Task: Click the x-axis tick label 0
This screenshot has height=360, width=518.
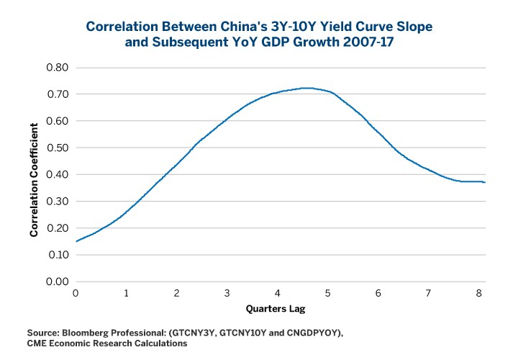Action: click(x=76, y=293)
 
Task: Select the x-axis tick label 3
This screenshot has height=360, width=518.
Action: click(x=227, y=293)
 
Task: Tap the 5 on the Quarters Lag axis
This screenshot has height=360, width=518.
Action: click(x=328, y=293)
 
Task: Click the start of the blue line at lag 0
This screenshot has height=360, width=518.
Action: click(x=76, y=241)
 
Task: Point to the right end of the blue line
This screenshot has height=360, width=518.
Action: click(x=484, y=182)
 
